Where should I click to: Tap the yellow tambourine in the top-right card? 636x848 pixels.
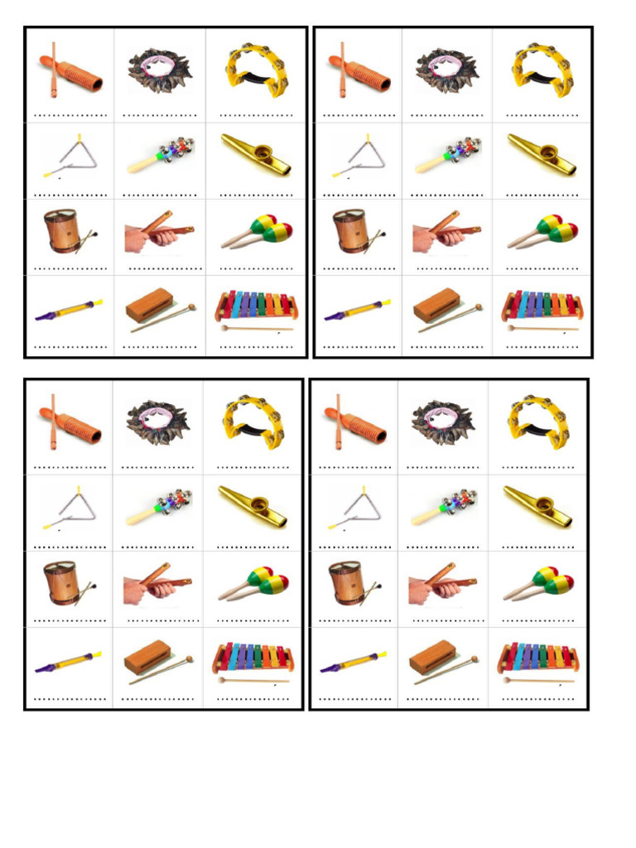542,70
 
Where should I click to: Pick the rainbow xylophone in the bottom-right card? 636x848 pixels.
537,658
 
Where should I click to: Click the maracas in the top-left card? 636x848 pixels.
258,232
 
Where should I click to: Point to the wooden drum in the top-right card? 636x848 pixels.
351,230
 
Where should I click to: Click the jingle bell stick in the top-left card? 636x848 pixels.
161,154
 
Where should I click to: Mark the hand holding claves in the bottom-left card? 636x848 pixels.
153,583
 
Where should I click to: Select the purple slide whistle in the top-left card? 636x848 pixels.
69,310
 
